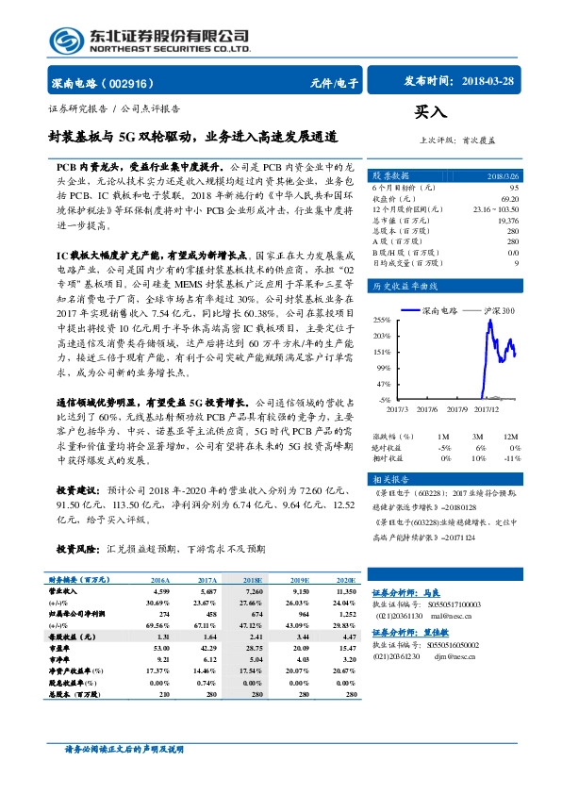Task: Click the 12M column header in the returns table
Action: (x=510, y=437)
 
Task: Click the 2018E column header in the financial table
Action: (x=252, y=582)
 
